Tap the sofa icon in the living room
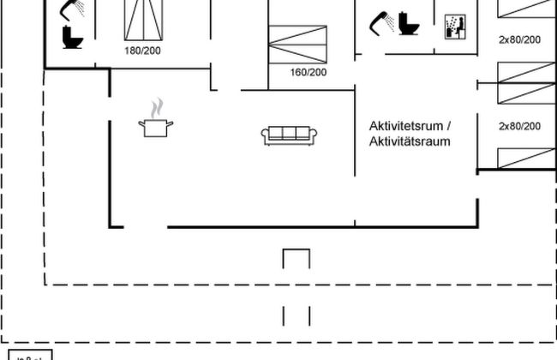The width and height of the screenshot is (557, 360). pos(290,134)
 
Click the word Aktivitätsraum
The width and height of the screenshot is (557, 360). pos(410,141)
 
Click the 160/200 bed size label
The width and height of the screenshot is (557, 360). pos(308,72)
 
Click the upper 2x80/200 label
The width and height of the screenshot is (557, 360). pos(519,39)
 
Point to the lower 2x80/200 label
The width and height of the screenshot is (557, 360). pos(519,126)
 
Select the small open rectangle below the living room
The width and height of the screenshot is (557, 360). pos(296,259)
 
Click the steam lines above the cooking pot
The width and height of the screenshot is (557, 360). pos(155,109)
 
